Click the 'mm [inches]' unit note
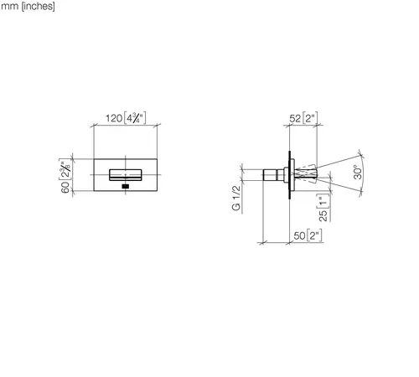(28, 6)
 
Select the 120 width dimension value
(114, 118)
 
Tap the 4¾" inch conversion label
(135, 118)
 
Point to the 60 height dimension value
(65, 187)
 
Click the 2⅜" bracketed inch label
(65, 170)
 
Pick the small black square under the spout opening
(126, 187)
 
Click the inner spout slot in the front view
(126, 175)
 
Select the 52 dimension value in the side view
(295, 118)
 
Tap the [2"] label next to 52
(310, 118)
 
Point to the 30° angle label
(358, 173)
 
